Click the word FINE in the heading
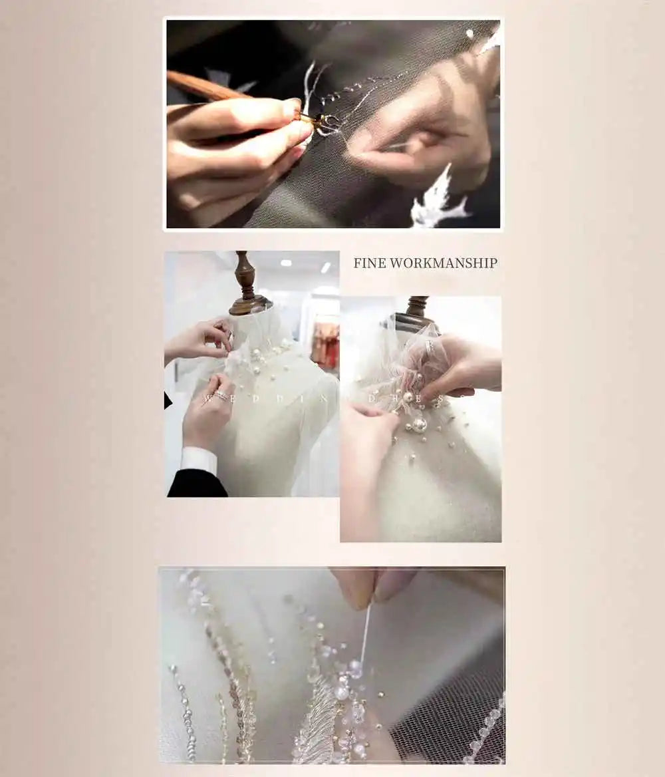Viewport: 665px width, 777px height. coord(369,263)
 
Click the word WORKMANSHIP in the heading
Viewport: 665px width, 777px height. coord(444,263)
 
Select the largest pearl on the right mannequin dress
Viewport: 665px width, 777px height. coord(420,424)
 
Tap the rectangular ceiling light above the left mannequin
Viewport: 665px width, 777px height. coord(326,267)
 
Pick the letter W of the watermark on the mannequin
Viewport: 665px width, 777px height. coord(207,398)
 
